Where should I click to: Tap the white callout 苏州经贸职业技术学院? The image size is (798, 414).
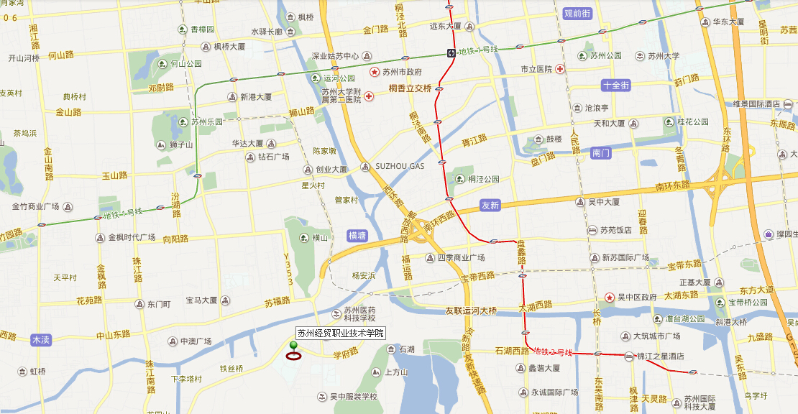(341, 333)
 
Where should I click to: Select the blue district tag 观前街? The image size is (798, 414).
(577, 13)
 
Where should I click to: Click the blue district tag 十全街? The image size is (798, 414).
(616, 85)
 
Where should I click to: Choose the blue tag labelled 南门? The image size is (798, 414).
(600, 153)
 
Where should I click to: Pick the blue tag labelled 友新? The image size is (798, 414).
(490, 206)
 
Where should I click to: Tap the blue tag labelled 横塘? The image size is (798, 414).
(357, 235)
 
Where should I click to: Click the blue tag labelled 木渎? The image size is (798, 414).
(42, 339)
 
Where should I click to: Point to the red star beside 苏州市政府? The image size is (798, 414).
(375, 72)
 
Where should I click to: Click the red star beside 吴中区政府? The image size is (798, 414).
(610, 297)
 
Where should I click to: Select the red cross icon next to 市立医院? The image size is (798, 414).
(559, 69)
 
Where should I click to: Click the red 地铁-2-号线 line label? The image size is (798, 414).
(554, 351)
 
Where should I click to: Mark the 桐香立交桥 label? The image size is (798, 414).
(410, 88)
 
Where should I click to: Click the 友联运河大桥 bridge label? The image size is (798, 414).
(470, 311)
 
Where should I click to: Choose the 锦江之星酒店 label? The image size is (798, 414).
(660, 356)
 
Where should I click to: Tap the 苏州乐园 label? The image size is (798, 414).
(207, 121)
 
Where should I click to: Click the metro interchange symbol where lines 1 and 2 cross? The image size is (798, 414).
(451, 52)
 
